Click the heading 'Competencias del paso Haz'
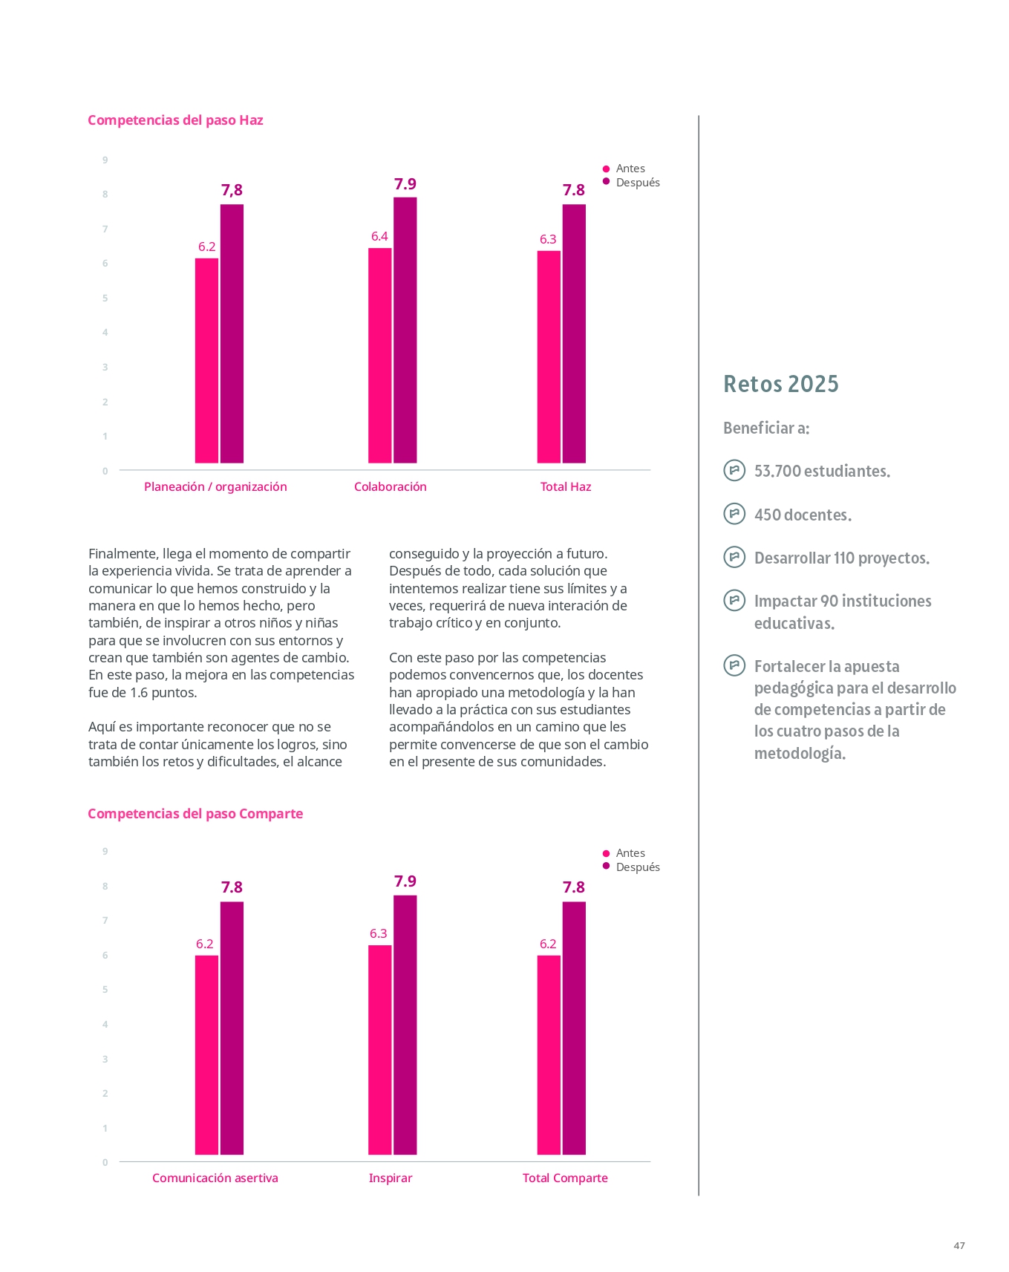pos(175,120)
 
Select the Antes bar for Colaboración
pos(380,356)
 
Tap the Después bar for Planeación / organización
pos(232,334)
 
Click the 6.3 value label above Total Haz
pos(548,239)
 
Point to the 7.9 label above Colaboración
pos(405,183)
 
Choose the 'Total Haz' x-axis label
pos(566,487)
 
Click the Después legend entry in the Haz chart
pos(631,183)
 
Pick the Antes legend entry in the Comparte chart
pos(624,853)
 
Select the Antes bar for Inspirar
pos(380,1050)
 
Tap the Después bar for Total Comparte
pos(574,1028)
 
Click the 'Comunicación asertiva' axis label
pos(215,1178)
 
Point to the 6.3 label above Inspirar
pos(379,933)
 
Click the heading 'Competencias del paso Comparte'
pos(195,814)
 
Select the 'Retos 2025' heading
pos(781,384)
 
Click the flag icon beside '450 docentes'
pos(734,513)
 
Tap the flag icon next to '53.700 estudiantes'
pos(734,470)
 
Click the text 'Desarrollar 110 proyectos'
pos(842,558)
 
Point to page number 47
pos(959,1245)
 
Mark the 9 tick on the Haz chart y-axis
pos(105,160)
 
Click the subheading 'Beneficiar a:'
pos(766,428)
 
